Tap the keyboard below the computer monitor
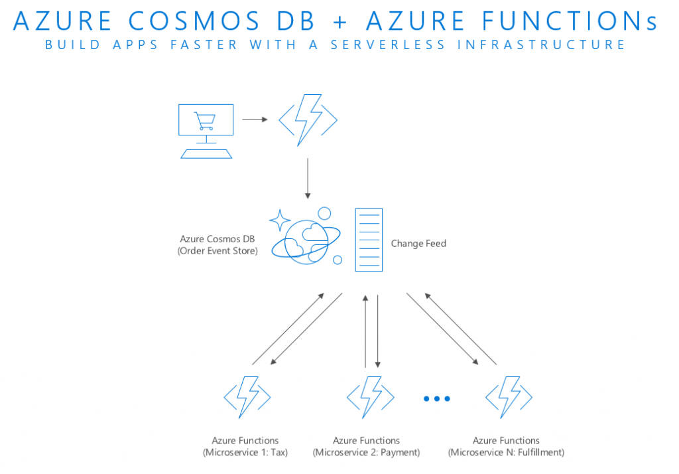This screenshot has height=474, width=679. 206,153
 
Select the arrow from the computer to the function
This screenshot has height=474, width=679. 255,119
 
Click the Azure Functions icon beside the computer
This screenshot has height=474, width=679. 308,119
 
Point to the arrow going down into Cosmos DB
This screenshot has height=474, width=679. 308,178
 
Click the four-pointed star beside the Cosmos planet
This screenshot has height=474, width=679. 280,220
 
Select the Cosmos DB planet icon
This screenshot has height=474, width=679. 307,240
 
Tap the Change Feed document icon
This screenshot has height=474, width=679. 369,240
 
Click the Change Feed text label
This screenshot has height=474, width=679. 418,244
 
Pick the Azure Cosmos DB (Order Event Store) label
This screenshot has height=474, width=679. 217,244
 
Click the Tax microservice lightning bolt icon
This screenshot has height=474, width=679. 247,397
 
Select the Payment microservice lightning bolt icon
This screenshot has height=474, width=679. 370,397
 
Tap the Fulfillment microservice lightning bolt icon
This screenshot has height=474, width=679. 509,397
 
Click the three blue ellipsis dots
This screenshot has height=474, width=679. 437,398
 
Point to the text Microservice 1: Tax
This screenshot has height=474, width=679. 245,453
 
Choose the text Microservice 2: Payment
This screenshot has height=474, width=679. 367,453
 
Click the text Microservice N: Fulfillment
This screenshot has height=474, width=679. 506,453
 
